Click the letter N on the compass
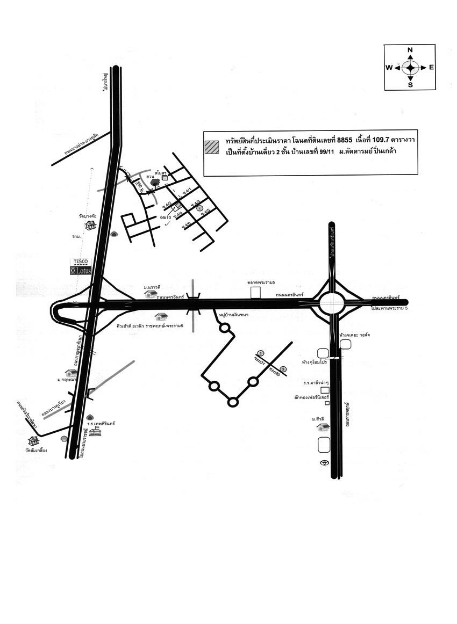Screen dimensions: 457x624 (x=410, y=50)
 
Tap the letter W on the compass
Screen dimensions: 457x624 (x=389, y=68)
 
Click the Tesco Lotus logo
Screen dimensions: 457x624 (x=81, y=267)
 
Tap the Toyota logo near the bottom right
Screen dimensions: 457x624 (x=324, y=463)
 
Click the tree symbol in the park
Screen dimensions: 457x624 (x=155, y=182)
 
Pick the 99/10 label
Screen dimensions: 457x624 (x=166, y=217)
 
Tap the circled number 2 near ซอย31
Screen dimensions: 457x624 (x=261, y=353)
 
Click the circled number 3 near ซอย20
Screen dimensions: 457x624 (x=283, y=368)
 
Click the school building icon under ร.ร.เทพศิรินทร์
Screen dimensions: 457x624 (x=95, y=431)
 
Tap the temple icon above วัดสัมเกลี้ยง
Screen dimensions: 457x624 (x=34, y=440)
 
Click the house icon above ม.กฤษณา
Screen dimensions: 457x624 (x=71, y=372)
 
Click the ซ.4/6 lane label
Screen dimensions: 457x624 (x=187, y=224)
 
